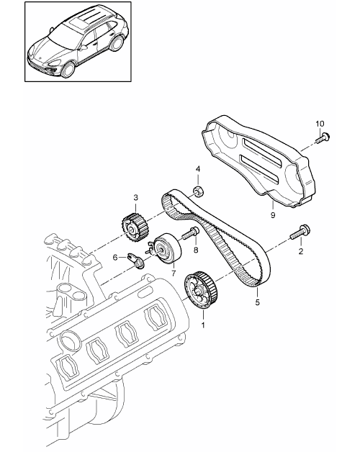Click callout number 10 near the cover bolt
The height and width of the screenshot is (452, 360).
320,124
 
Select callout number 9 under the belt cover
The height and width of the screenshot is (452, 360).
273,215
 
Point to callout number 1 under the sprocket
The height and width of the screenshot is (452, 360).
203,325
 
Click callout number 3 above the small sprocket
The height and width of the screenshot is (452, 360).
135,197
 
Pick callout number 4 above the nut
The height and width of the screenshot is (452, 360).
198,169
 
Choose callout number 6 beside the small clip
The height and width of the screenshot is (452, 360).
115,258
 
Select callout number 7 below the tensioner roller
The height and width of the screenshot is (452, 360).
174,273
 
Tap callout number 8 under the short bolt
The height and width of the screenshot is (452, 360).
196,250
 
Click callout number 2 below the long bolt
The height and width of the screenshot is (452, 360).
301,251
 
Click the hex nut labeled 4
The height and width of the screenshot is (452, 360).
198,191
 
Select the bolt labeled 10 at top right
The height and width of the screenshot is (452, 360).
323,138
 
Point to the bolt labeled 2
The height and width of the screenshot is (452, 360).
300,232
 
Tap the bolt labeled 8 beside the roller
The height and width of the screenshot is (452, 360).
190,233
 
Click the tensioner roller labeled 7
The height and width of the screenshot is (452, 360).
165,248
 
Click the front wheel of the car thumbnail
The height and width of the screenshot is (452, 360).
68,70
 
